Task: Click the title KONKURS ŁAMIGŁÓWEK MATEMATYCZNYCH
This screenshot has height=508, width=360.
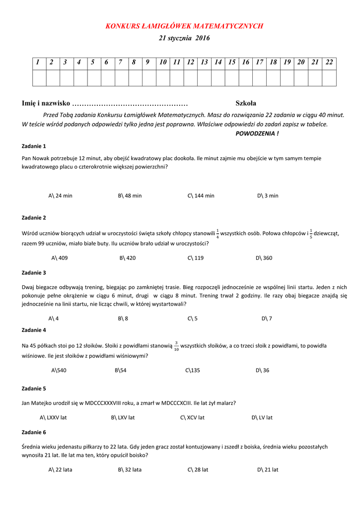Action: tap(184, 26)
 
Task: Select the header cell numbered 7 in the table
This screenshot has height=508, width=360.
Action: tap(120, 62)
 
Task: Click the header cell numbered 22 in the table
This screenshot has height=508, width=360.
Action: tap(329, 62)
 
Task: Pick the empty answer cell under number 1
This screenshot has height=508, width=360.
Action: tap(39, 78)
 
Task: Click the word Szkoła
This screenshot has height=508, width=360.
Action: tap(246, 103)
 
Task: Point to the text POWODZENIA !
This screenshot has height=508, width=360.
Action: tap(257, 133)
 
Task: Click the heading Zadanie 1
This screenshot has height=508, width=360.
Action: tap(34, 146)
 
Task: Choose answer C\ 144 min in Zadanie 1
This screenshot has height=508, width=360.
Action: tap(201, 195)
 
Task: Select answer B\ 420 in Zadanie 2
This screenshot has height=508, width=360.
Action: tap(128, 258)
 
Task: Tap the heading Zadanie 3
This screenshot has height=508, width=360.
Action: tap(34, 272)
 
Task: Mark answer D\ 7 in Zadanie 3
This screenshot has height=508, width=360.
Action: tap(267, 318)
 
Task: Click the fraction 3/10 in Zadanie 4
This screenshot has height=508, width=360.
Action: tap(176, 346)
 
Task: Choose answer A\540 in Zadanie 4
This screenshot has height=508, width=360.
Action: tap(59, 370)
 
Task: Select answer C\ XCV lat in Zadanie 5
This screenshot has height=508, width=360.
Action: tap(192, 418)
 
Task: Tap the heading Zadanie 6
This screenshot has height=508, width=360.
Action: tap(34, 432)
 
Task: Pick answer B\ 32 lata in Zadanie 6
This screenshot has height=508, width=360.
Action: tap(130, 469)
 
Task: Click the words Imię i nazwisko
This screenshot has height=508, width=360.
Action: tap(46, 103)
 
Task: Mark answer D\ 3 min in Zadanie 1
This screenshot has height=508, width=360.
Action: tap(268, 195)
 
